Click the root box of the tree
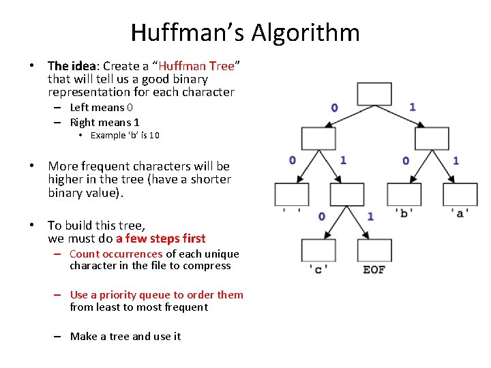pyautogui.click(x=374, y=94)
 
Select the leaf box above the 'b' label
pyautogui.click(x=404, y=194)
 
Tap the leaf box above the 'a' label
pyautogui.click(x=460, y=194)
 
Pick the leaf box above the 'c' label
pyautogui.click(x=318, y=250)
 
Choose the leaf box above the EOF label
pyautogui.click(x=374, y=250)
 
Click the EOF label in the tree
pyautogui.click(x=374, y=269)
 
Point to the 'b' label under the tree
pyautogui.click(x=404, y=213)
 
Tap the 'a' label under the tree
pyautogui.click(x=460, y=213)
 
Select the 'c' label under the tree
pyautogui.click(x=318, y=269)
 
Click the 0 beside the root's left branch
pyautogui.click(x=334, y=107)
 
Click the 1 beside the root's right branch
pyautogui.click(x=413, y=106)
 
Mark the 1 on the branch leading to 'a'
pyautogui.click(x=456, y=161)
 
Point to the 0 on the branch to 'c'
pyautogui.click(x=321, y=217)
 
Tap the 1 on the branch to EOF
pyautogui.click(x=370, y=217)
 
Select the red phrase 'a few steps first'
pyautogui.click(x=161, y=239)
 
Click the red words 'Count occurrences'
pyautogui.click(x=116, y=254)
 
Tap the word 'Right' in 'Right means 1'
pyautogui.click(x=83, y=123)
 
